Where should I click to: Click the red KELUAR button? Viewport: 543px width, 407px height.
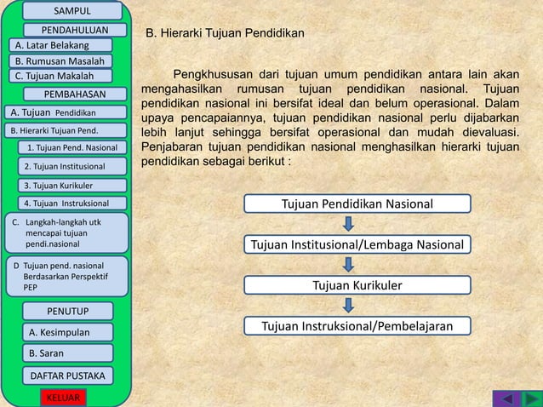61,398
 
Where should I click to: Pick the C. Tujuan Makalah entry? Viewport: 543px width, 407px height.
55,77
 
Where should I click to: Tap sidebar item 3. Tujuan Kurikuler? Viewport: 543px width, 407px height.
58,185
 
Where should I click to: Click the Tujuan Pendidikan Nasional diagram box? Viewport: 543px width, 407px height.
357,203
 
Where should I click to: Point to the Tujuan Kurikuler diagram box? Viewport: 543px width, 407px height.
357,285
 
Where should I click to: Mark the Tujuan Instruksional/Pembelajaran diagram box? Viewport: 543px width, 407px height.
357,326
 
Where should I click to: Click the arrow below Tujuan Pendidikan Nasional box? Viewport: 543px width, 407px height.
349,224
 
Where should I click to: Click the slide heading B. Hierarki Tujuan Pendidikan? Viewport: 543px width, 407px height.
226,34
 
